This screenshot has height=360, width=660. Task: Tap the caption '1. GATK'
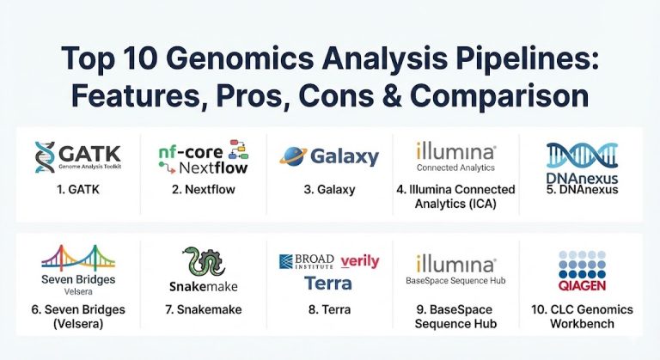tap(79, 190)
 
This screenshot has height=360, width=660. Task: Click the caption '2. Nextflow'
tap(204, 190)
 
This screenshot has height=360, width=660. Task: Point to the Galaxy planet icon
tap(294, 157)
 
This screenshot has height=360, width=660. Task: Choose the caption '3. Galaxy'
tap(329, 190)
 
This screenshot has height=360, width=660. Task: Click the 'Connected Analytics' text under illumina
tap(455, 168)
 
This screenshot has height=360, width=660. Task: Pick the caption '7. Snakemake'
tap(204, 309)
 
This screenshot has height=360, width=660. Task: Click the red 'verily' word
tap(359, 261)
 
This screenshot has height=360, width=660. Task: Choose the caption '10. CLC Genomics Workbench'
tap(581, 316)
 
